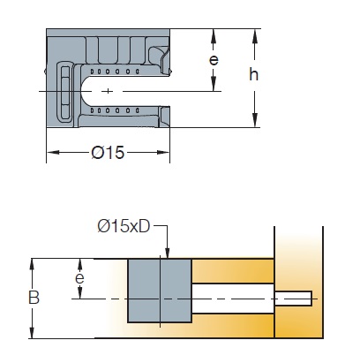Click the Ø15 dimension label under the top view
click(108, 153)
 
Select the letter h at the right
click(253, 74)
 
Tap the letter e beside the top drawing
click(214, 60)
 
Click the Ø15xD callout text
click(124, 226)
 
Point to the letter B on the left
click(34, 298)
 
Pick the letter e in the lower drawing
click(79, 278)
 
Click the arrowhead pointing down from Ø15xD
click(168, 253)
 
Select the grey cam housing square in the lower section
click(160, 291)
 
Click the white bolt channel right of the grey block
click(233, 299)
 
